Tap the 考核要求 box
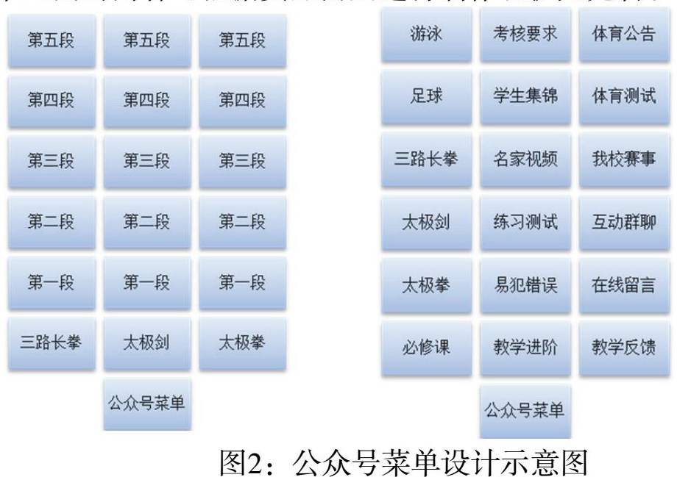[x=524, y=35]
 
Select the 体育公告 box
[x=623, y=35]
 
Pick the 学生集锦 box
[x=524, y=96]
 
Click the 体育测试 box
[x=623, y=96]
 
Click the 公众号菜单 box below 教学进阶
[x=524, y=410]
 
